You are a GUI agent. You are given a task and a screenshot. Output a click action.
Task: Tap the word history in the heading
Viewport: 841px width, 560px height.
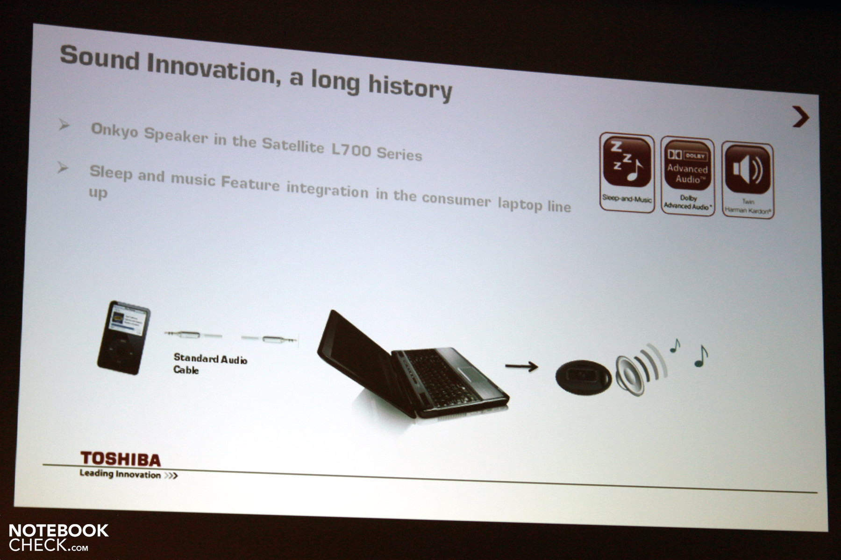coord(410,88)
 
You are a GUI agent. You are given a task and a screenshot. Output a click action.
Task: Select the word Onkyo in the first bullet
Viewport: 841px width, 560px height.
coord(114,130)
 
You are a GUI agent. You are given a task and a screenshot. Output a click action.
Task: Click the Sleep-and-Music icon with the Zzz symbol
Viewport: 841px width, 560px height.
coord(627,173)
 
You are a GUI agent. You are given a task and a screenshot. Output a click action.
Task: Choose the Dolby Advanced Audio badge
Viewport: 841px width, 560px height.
coord(687,176)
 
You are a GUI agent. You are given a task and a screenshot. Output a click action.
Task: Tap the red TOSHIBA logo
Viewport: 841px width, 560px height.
coord(120,459)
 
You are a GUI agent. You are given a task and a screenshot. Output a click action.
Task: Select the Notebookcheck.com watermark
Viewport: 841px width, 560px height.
coord(58,537)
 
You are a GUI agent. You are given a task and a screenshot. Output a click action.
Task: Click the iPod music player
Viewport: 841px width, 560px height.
coord(123,337)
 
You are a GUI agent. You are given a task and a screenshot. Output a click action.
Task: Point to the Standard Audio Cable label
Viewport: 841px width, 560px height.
coord(210,364)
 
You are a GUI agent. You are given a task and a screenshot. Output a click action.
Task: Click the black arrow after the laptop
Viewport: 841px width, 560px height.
coord(521,367)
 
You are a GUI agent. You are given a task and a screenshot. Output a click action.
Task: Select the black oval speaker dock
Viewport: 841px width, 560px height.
coord(583,377)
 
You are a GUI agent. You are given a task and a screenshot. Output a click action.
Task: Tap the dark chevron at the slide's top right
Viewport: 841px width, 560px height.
coord(801,117)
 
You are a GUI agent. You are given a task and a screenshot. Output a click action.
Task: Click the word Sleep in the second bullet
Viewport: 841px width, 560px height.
coord(111,173)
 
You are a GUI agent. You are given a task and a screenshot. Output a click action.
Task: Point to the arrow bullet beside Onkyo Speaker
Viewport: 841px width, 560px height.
coord(64,125)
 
